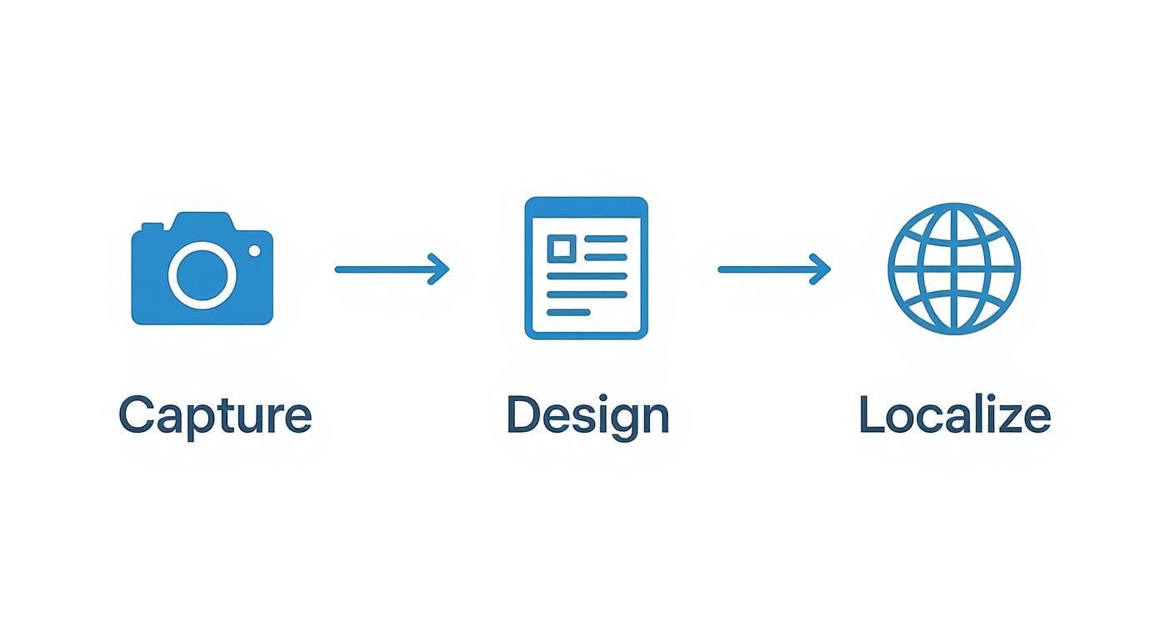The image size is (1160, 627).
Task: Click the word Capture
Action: pos(215,415)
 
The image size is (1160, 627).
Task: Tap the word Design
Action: pos(587,415)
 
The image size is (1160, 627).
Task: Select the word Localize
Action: pos(954,415)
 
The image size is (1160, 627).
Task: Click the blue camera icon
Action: pos(202,268)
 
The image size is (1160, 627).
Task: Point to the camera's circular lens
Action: pos(202,274)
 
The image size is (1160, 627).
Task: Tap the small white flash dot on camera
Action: pos(254,250)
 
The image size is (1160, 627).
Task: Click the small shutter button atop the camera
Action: pos(152,226)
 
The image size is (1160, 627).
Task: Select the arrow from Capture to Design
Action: pos(392,269)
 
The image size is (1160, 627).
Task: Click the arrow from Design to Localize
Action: pos(774,269)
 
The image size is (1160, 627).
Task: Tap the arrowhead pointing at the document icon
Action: pos(441,269)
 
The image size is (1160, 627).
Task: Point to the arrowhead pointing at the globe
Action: pos(822,269)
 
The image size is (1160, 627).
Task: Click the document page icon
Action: pos(586,268)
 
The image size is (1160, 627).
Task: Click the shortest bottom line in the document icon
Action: pos(568,313)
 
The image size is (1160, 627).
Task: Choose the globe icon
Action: pos(954,268)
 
